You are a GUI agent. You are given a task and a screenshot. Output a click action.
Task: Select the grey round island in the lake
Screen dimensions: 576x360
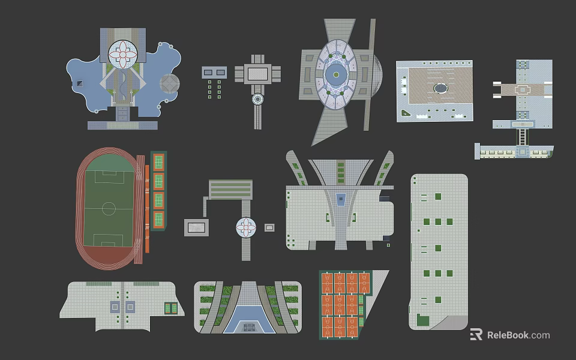click(x=169, y=84)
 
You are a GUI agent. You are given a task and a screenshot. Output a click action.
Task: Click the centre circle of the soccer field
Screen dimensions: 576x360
click(x=109, y=209)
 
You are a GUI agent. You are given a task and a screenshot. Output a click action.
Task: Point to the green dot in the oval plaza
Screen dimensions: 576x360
click(x=337, y=74)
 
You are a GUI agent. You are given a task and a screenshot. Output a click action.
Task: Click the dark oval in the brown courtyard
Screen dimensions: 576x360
click(x=441, y=88)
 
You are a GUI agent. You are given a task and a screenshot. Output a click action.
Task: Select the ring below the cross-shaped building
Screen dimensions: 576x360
click(x=258, y=99)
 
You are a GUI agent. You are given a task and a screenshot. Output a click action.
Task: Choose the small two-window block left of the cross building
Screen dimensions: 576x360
click(x=214, y=72)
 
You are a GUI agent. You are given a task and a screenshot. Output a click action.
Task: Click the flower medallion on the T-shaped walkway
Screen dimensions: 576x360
click(x=246, y=227)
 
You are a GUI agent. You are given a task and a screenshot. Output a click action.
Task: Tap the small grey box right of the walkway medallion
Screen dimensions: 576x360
click(x=270, y=227)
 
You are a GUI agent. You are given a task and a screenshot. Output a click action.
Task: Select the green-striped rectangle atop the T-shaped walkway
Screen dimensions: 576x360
click(x=230, y=189)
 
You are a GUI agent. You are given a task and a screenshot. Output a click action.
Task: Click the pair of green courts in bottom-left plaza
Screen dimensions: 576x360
click(x=171, y=308)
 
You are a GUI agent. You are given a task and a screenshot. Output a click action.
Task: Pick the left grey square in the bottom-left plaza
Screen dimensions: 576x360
click(x=115, y=307)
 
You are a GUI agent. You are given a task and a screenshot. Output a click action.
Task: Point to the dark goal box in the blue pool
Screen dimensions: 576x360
click(x=248, y=327)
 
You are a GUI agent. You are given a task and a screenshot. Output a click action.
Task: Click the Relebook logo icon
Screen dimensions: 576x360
click(x=476, y=335)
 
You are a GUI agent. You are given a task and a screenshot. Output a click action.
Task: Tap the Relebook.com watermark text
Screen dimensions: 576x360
click(x=518, y=335)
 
